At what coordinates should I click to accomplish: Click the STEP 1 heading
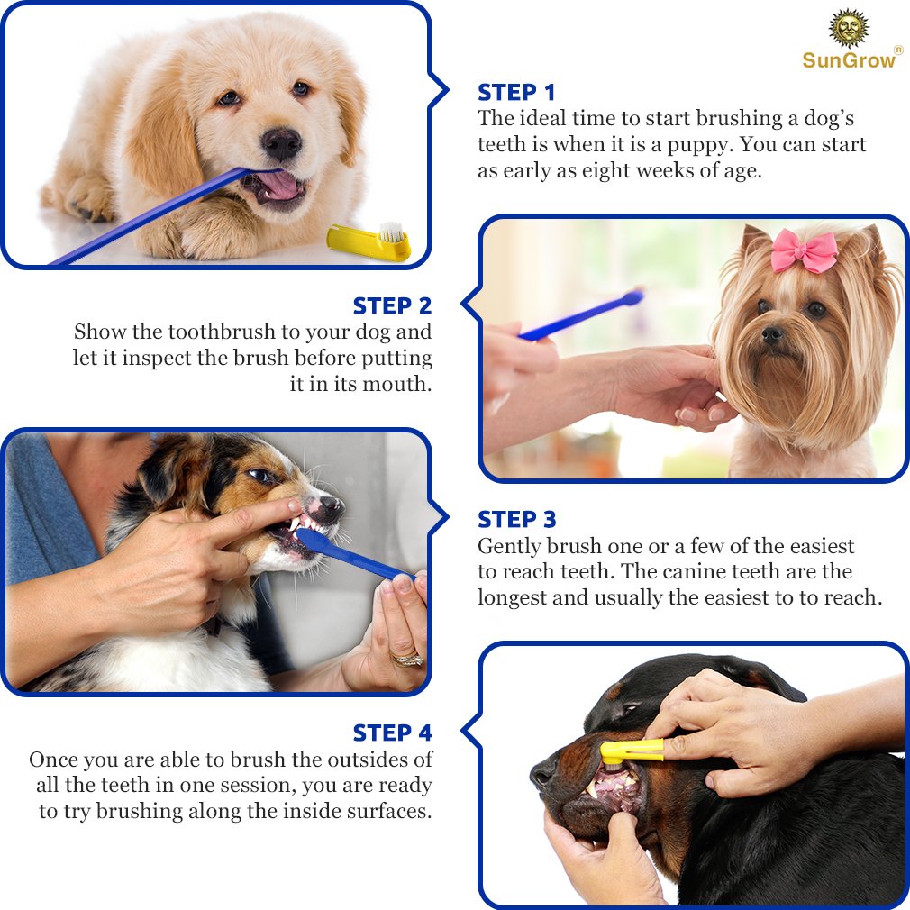click(x=516, y=93)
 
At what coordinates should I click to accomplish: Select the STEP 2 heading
click(x=393, y=305)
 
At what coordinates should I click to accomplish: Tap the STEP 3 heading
click(x=516, y=520)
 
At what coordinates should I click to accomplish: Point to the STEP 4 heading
click(x=393, y=733)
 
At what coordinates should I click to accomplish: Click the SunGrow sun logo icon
click(x=849, y=29)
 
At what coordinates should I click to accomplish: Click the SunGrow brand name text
click(x=850, y=60)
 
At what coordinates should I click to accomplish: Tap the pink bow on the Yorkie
click(x=804, y=250)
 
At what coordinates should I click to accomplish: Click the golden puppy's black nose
click(x=281, y=142)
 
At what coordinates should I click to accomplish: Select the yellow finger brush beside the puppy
click(x=369, y=242)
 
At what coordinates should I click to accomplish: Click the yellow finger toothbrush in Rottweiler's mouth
click(x=631, y=751)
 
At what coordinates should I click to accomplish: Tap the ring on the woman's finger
click(x=406, y=660)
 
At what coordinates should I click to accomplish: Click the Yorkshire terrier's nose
click(x=772, y=335)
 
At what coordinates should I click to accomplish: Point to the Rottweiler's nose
click(x=543, y=774)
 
